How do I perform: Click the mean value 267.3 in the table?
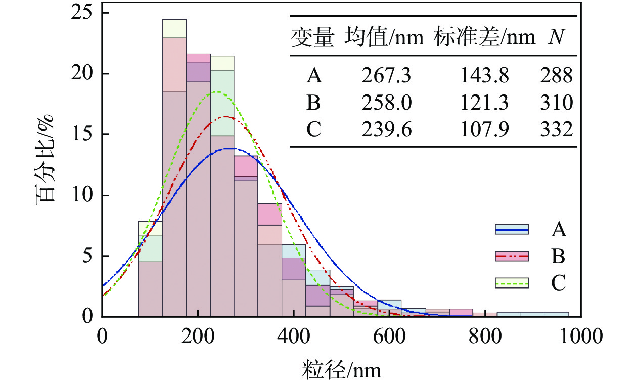387,76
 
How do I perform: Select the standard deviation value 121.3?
484,104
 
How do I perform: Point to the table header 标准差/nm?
484,38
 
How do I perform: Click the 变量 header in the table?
312,38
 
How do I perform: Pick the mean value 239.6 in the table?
387,130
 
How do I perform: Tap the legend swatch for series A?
512,230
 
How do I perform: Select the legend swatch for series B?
512,257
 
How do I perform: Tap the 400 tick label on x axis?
294,335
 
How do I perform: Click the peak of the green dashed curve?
217,92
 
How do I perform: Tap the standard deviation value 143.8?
484,76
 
